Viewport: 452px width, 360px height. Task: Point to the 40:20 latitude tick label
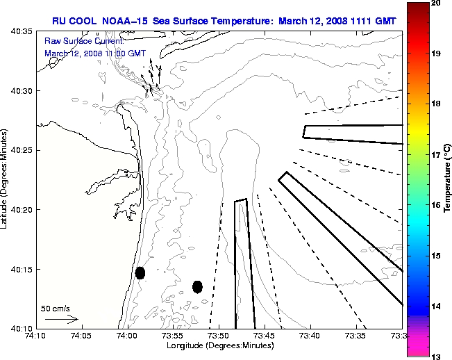pos(22,209)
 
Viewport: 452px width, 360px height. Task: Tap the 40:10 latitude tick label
pos(22,328)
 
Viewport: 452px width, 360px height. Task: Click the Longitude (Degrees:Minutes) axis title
pos(219,345)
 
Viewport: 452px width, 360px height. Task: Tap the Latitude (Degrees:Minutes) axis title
pos(6,179)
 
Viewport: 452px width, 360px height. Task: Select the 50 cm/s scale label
pos(55,308)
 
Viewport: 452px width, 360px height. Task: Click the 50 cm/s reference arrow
pos(61,319)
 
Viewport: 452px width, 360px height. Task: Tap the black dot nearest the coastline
pos(140,272)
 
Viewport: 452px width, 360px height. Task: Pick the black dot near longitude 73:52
pos(197,286)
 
